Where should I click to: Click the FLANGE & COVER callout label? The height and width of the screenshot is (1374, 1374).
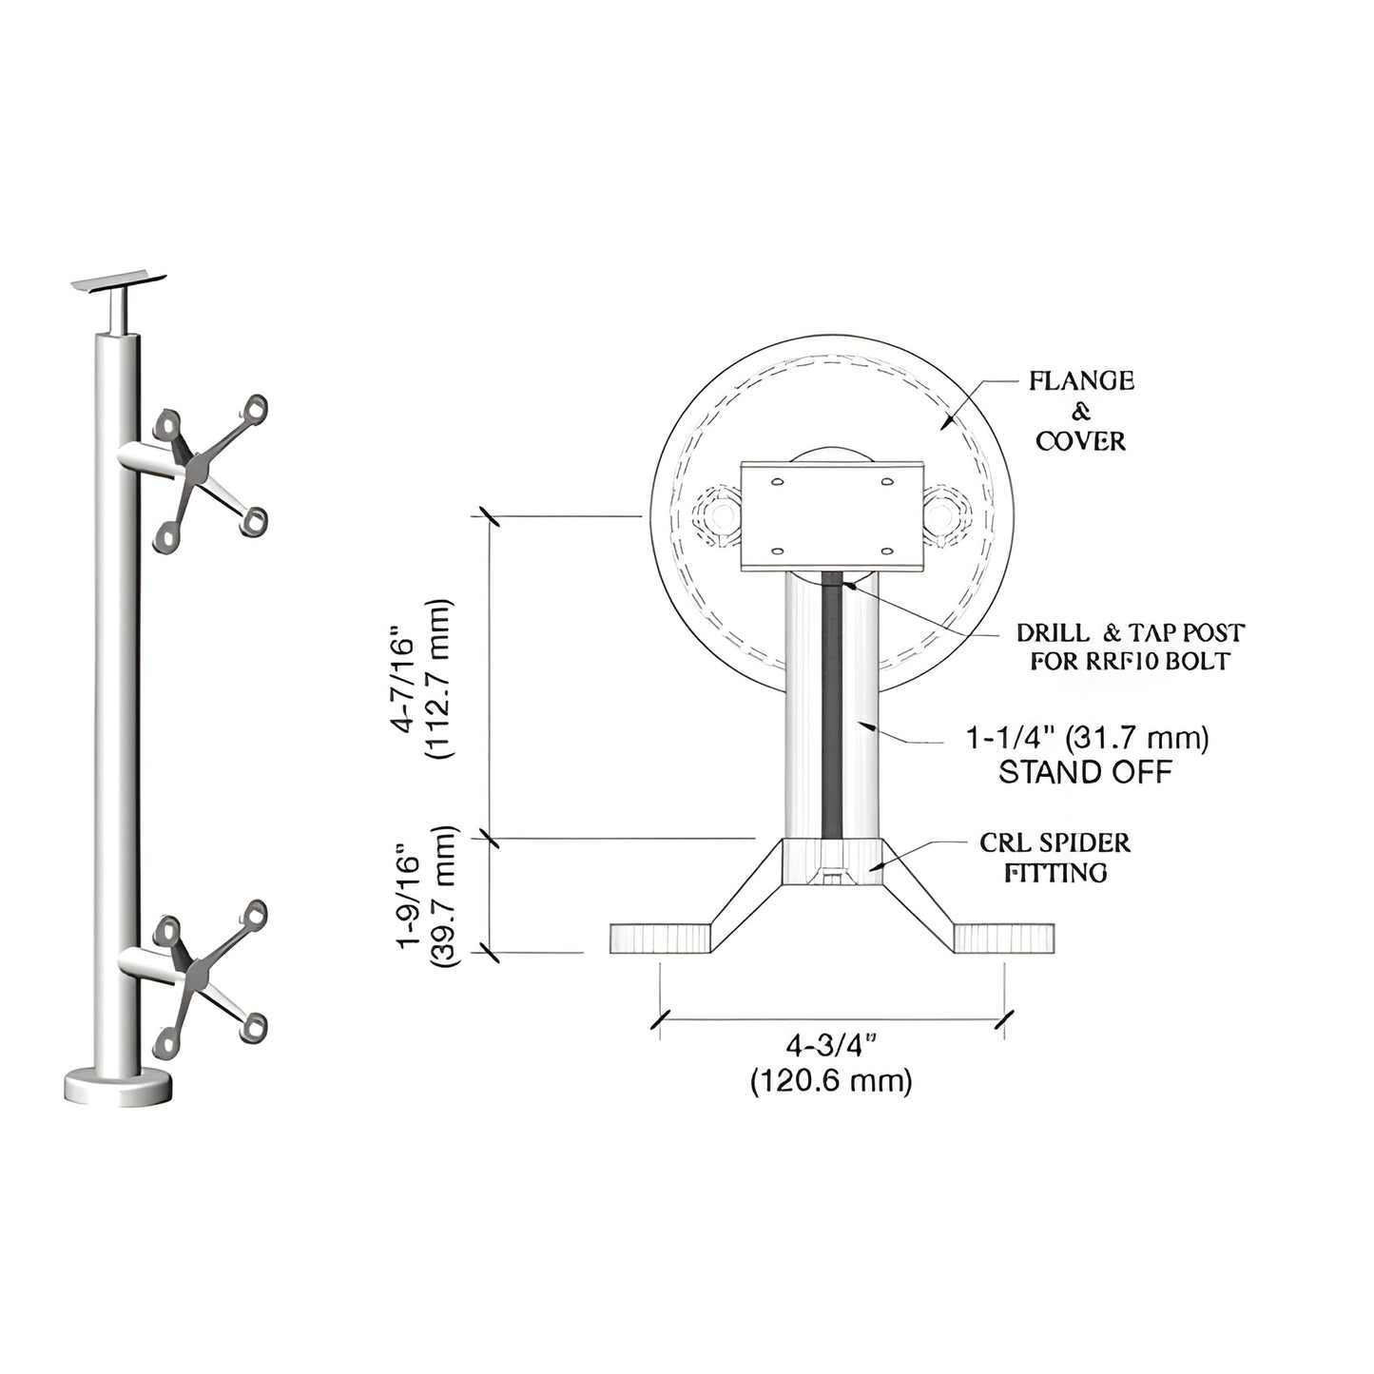1082,411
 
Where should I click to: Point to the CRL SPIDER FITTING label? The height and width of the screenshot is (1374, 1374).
1055,858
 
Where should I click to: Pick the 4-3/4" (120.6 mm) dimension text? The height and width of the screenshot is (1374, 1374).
831,1064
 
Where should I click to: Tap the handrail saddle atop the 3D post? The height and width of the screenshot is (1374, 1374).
121,281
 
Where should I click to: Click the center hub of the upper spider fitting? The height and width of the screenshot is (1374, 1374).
201,467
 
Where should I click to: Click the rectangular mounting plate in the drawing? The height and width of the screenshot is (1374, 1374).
832,516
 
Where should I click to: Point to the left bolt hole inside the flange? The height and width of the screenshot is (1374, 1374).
721,516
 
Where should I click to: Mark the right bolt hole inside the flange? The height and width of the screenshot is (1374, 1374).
942,516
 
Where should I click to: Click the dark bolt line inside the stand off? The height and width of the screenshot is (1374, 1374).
833,704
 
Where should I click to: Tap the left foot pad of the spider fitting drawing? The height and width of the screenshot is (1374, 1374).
660,939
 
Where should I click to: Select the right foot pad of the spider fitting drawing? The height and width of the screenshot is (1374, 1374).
1004,939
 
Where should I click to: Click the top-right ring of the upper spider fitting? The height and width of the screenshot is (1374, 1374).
254,410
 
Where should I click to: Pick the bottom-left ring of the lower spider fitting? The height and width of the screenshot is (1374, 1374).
167,1043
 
